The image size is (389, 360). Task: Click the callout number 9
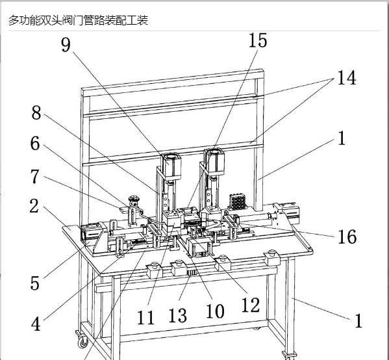[66, 45]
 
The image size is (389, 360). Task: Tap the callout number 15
[258, 40]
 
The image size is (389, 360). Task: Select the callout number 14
[347, 78]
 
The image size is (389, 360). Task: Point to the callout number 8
[36, 112]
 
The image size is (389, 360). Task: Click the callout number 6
[35, 143]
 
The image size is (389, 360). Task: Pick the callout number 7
[35, 176]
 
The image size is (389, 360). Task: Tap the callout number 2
[34, 206]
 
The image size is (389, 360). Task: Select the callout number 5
[34, 283]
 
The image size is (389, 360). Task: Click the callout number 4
[36, 324]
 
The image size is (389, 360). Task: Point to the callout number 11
[145, 317]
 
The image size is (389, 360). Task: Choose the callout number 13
[178, 315]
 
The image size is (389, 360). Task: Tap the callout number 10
[216, 311]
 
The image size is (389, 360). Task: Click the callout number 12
[251, 305]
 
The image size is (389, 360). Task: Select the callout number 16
[347, 237]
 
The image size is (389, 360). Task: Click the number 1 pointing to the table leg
[358, 320]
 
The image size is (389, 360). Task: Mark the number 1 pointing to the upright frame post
[342, 138]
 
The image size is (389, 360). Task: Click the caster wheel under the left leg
[82, 342]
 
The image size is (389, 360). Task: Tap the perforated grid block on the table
[238, 201]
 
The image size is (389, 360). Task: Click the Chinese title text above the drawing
[78, 20]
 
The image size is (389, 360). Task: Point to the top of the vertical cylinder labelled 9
[171, 157]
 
